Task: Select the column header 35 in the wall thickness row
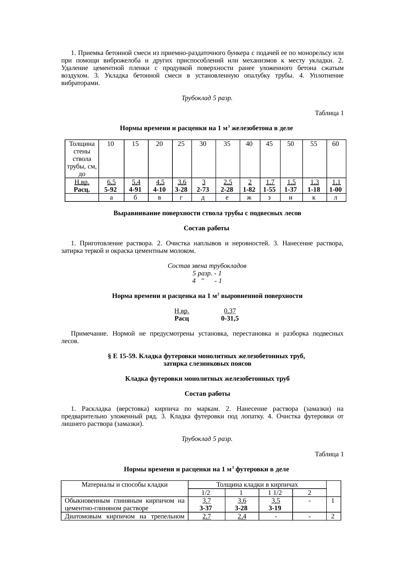click(x=227, y=144)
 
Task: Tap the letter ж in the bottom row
click(x=249, y=198)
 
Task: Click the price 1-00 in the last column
click(x=335, y=189)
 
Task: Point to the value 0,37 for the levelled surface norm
click(x=230, y=311)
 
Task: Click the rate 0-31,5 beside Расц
click(x=230, y=318)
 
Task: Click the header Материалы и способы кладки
click(x=124, y=484)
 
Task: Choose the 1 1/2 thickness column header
click(x=275, y=493)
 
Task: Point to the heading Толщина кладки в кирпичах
click(x=257, y=484)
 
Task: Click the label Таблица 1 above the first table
click(x=329, y=113)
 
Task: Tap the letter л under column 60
click(x=335, y=198)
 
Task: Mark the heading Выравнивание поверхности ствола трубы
click(x=207, y=213)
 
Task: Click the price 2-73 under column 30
click(x=203, y=189)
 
